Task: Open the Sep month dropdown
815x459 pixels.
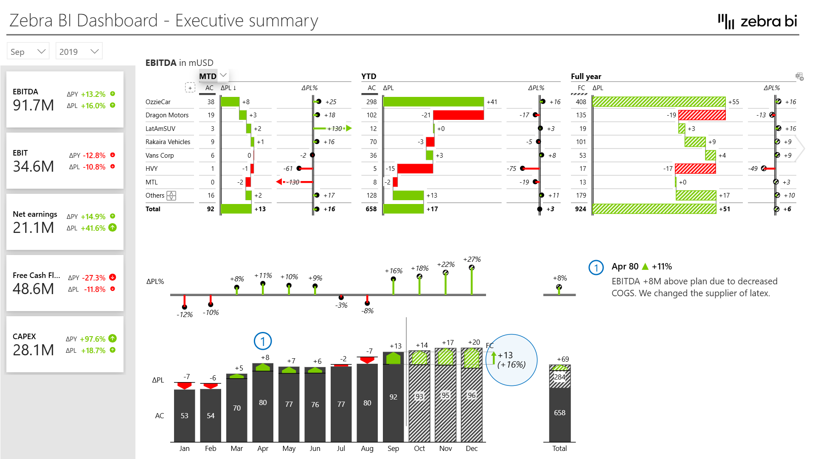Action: [28, 51]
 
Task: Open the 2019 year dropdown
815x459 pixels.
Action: [79, 51]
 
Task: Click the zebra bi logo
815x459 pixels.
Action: [757, 21]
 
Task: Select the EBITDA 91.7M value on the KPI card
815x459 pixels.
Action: [34, 105]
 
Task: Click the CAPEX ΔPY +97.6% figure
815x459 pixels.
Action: [93, 339]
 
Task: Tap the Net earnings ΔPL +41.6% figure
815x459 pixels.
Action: [93, 228]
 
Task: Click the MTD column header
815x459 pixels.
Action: [208, 76]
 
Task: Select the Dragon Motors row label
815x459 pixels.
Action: [167, 115]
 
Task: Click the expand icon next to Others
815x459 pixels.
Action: [171, 195]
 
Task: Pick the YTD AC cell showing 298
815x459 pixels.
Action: [371, 102]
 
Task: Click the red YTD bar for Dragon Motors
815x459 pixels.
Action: [458, 115]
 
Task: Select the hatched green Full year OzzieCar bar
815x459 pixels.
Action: [658, 102]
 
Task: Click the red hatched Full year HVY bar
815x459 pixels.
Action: [695, 169]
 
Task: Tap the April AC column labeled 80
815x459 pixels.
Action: [263, 402]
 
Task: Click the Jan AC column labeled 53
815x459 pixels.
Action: [184, 416]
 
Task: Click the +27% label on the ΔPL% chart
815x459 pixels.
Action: [472, 259]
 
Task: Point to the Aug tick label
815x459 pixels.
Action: [367, 448]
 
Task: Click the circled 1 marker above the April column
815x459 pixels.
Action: [263, 341]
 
